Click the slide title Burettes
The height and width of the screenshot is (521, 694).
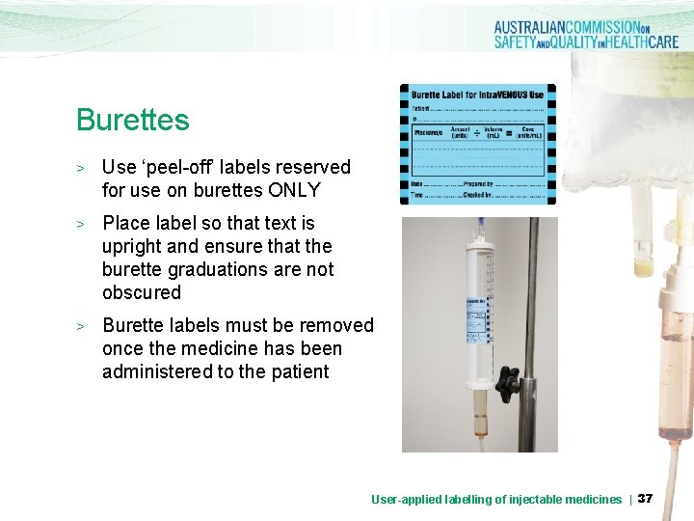click(133, 121)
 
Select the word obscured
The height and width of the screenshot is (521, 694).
click(142, 292)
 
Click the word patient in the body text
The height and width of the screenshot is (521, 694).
click(298, 371)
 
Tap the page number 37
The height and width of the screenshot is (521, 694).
click(646, 498)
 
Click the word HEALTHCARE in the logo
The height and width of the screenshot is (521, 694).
click(632, 42)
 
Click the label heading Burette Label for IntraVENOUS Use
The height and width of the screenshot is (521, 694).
click(477, 95)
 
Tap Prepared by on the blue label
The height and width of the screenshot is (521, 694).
click(478, 183)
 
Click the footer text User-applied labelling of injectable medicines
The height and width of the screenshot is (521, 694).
click(496, 499)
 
